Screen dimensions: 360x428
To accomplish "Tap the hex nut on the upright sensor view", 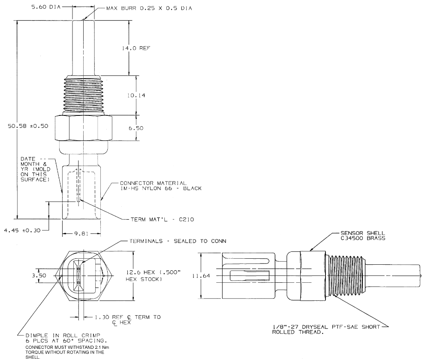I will pyautogui.click(x=83, y=128).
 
